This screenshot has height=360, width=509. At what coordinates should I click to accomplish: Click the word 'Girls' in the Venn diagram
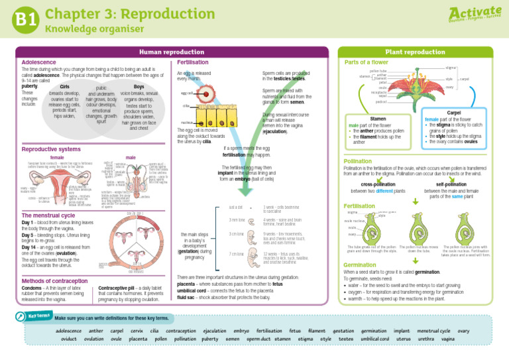click(64, 87)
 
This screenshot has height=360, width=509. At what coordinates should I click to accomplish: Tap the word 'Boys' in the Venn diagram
click(139, 86)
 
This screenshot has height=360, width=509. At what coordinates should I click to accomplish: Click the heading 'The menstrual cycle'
click(52, 215)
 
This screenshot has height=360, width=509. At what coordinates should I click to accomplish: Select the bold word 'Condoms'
click(33, 288)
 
